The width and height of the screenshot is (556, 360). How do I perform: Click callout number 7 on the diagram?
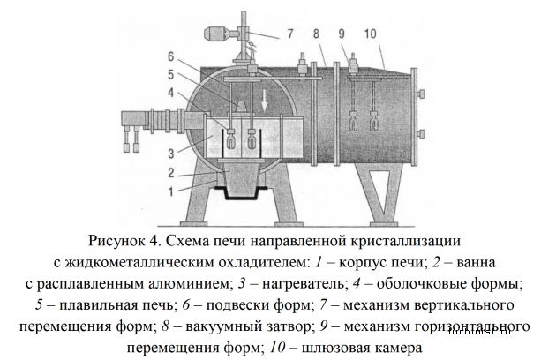point(290,34)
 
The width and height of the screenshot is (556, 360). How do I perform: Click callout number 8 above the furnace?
point(316,34)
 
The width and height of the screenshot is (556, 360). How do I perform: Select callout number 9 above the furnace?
point(342,34)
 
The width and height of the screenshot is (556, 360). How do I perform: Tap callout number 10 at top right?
point(370,34)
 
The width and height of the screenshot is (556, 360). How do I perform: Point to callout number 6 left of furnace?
point(171,56)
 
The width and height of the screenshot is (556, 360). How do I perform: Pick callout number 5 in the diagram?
point(171,75)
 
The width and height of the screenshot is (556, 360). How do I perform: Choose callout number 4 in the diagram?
point(171,93)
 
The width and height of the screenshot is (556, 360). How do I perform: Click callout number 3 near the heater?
point(171,154)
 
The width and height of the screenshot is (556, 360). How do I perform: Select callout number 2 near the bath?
point(171,173)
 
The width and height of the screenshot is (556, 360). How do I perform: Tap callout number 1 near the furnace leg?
point(171,191)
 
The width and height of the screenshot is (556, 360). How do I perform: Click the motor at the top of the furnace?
point(216,34)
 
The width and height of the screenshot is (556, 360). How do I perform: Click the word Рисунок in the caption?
point(116,241)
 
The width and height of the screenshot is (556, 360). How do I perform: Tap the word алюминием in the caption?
point(193,284)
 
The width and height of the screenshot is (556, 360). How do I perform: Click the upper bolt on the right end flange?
point(420,94)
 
